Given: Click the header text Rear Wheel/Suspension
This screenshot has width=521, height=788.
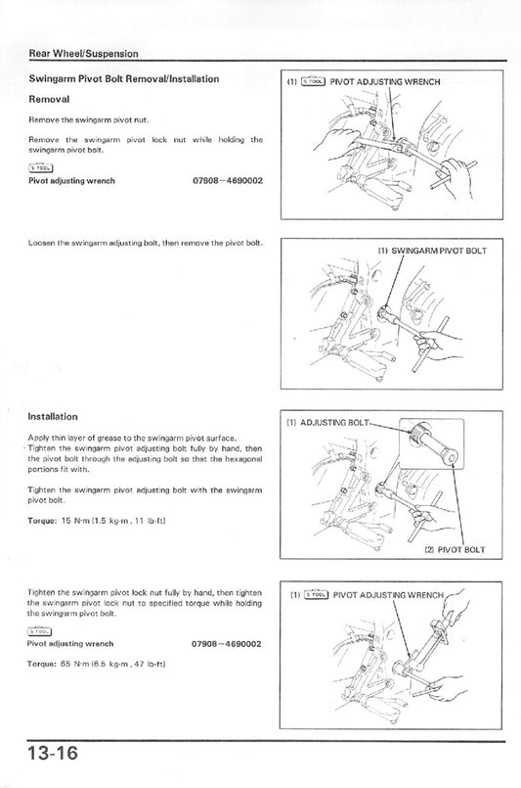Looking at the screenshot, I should tap(83, 53).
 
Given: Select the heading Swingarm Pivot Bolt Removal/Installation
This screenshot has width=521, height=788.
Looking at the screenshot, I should tap(123, 78).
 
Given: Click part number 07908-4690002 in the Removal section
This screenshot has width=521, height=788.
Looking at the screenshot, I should tap(220, 181).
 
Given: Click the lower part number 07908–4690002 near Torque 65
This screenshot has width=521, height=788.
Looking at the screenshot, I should tap(220, 644).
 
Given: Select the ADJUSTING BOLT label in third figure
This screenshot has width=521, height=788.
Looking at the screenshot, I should tap(332, 423).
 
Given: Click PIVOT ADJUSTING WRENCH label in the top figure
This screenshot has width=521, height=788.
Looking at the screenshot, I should tap(386, 82).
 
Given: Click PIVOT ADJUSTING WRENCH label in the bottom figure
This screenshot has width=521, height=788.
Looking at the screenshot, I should tap(388, 593).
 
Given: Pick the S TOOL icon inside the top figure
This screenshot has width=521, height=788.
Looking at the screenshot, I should tap(313, 82).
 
